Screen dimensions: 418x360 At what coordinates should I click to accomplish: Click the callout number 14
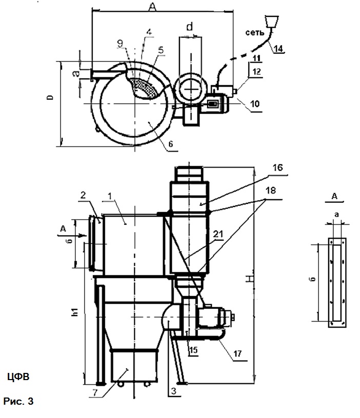click(x=278, y=49)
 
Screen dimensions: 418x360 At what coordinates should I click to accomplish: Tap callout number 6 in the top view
click(x=171, y=145)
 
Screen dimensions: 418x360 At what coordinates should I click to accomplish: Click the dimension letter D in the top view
click(x=49, y=98)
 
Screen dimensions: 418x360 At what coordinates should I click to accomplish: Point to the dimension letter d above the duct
click(x=190, y=26)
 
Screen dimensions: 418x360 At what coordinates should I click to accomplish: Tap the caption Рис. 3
click(x=19, y=401)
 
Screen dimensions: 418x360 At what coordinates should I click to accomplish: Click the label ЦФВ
click(x=19, y=377)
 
